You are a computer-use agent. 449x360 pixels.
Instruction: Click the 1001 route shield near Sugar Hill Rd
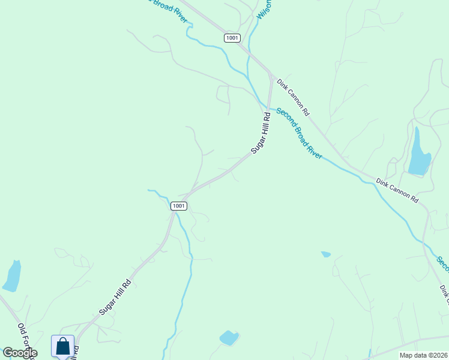click(x=179, y=206)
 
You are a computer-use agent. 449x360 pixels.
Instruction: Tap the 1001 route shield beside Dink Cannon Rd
click(x=232, y=38)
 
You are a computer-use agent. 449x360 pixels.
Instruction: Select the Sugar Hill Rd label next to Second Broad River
click(x=262, y=133)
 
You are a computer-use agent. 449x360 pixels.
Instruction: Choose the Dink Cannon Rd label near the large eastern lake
click(x=397, y=190)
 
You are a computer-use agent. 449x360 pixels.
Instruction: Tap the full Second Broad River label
click(x=299, y=133)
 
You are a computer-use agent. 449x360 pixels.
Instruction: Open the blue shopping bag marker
click(x=62, y=346)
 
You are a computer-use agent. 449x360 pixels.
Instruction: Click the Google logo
click(x=20, y=353)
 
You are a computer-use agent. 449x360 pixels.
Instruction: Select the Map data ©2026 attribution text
click(x=423, y=355)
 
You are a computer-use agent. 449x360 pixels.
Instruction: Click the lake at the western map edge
click(x=12, y=276)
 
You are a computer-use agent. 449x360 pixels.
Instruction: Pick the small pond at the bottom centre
click(x=229, y=338)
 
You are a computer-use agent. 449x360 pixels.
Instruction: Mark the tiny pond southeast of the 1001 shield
click(x=326, y=254)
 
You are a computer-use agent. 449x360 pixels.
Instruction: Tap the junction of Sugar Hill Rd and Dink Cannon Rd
click(x=272, y=78)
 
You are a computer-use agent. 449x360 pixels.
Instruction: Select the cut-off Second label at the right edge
click(x=442, y=263)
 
